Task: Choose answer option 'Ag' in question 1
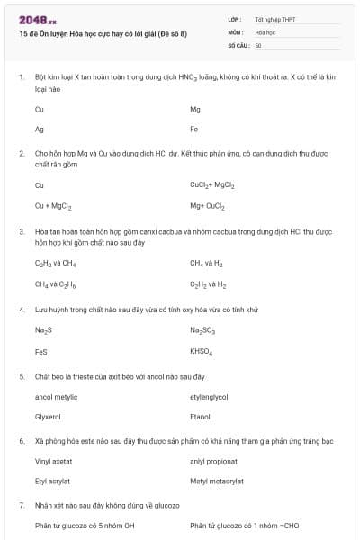(x=40, y=129)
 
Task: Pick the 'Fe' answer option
(x=194, y=129)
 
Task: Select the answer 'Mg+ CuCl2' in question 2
(x=207, y=205)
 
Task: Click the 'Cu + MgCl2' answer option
(x=52, y=205)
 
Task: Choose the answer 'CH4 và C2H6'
(x=55, y=283)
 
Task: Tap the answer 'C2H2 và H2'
(x=208, y=283)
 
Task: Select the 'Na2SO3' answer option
(x=202, y=330)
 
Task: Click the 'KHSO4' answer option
(x=201, y=351)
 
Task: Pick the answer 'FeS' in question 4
(x=41, y=351)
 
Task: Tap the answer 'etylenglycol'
(x=209, y=396)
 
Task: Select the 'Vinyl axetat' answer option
(x=53, y=461)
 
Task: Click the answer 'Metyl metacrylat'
(x=217, y=481)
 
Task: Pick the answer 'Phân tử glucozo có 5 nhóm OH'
(x=85, y=526)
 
